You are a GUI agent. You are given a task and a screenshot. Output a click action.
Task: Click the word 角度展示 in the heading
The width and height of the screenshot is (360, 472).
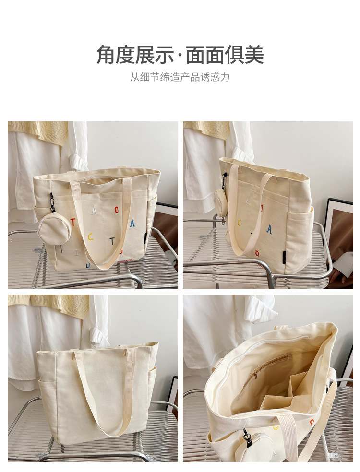[x=135, y=55]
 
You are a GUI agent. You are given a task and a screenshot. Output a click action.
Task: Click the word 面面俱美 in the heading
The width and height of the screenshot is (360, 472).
[x=225, y=55]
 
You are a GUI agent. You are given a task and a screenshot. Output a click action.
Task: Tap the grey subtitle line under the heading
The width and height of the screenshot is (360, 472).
[x=180, y=77]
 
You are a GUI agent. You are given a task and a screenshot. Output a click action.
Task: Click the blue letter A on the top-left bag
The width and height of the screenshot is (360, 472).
[x=132, y=223]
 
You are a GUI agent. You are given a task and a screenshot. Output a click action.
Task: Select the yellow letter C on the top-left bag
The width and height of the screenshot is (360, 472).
[x=90, y=237]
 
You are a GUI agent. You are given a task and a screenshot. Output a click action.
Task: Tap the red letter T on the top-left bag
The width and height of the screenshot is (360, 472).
[x=73, y=222]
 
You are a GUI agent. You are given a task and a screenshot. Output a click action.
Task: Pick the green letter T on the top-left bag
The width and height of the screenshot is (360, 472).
[x=112, y=241]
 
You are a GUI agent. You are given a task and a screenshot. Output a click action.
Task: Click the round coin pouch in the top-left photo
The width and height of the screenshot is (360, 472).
[x=54, y=228]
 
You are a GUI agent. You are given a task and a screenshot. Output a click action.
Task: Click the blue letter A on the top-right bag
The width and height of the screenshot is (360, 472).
[x=269, y=230]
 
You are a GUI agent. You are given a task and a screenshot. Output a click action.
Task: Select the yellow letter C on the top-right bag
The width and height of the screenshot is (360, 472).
[x=240, y=223]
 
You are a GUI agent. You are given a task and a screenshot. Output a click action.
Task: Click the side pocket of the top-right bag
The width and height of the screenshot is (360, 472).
[x=300, y=236]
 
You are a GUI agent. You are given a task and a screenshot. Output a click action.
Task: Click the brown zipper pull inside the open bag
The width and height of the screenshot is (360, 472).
[x=255, y=376]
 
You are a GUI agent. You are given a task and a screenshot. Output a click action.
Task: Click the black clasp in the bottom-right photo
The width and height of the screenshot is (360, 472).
[x=248, y=437]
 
